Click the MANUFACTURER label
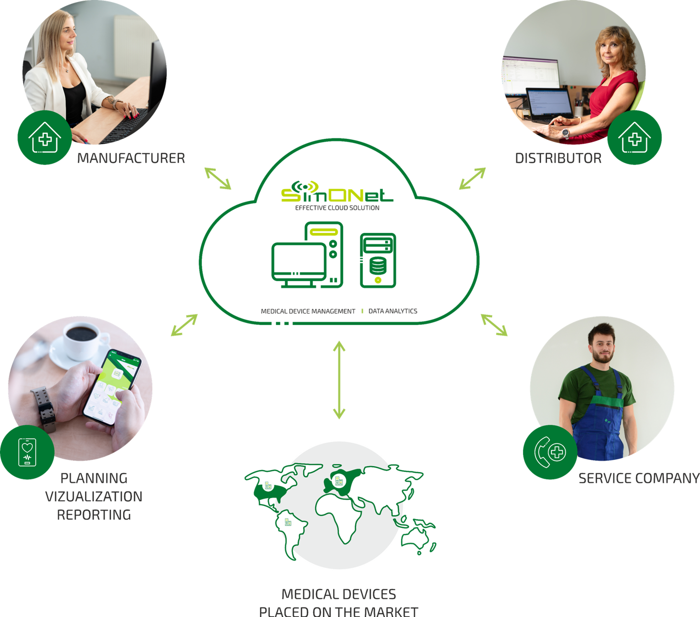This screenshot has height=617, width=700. pyautogui.click(x=131, y=158)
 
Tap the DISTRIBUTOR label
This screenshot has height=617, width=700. pyautogui.click(x=558, y=158)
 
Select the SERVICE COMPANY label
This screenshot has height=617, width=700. pyautogui.click(x=638, y=478)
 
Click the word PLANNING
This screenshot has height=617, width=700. pyautogui.click(x=94, y=478)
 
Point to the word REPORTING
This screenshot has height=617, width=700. pyautogui.click(x=94, y=514)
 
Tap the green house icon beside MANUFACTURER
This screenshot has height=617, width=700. pyautogui.click(x=45, y=138)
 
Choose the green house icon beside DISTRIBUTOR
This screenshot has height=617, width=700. pyautogui.click(x=634, y=138)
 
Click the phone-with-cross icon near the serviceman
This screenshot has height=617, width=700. pyautogui.click(x=550, y=453)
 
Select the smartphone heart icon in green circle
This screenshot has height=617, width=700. pyautogui.click(x=27, y=452)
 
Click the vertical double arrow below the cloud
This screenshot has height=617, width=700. pyautogui.click(x=339, y=380)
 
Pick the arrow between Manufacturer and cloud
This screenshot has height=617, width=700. pyautogui.click(x=218, y=178)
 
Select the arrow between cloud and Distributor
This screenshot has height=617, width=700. pyautogui.click(x=472, y=178)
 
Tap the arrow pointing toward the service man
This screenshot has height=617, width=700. pyautogui.click(x=494, y=325)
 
